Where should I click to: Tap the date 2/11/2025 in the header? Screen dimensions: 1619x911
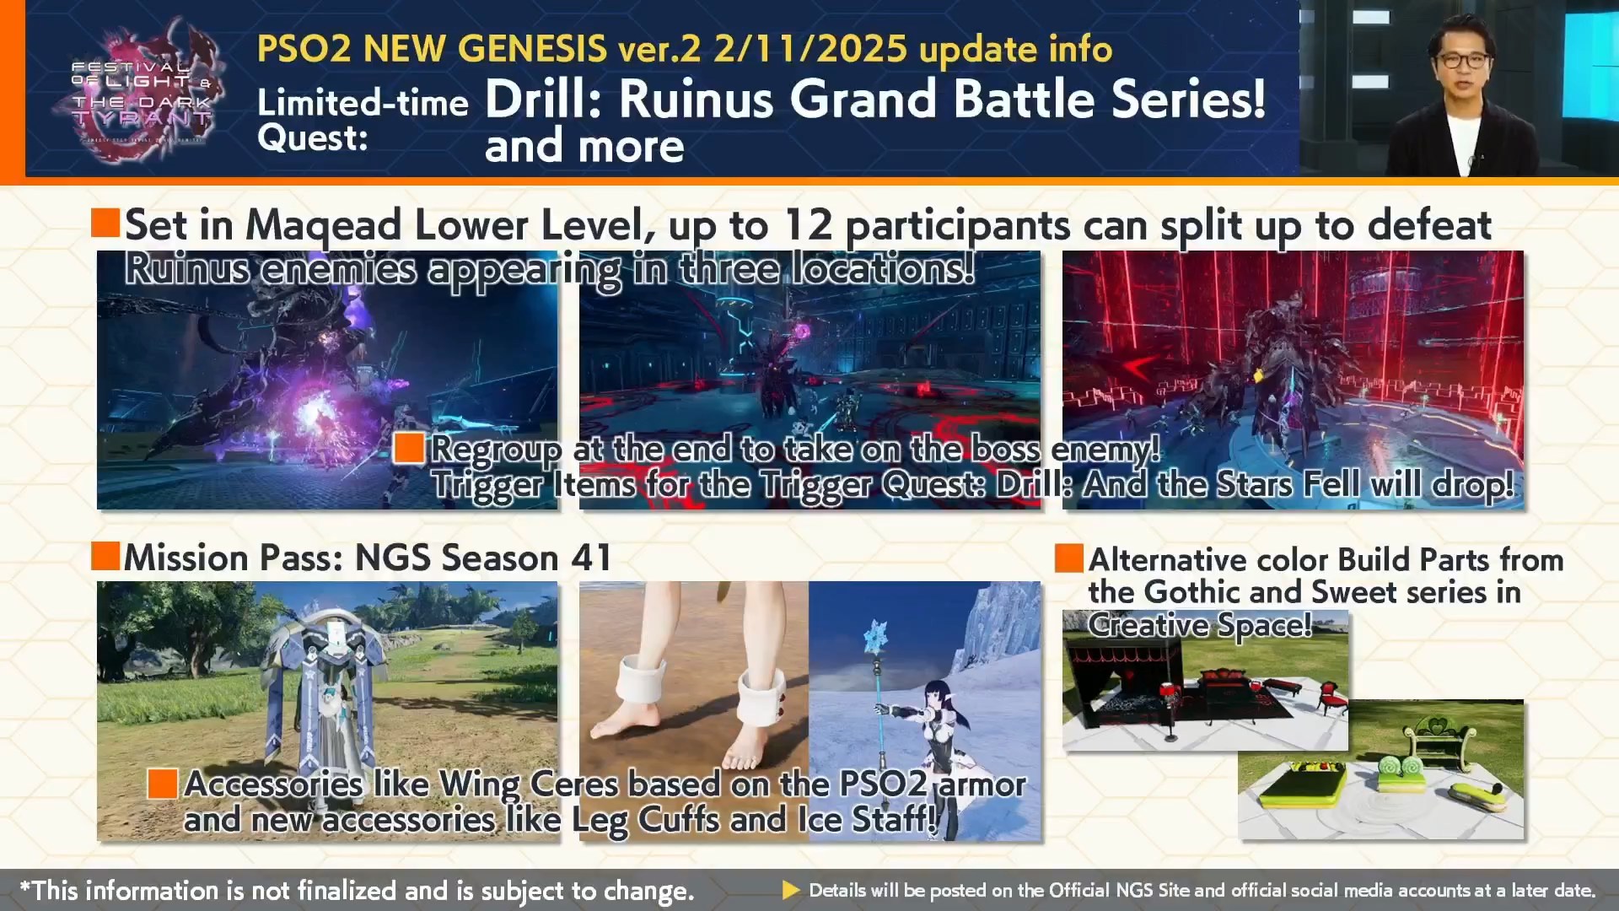click(x=810, y=49)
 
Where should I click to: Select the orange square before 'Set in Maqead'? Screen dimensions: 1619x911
click(x=105, y=223)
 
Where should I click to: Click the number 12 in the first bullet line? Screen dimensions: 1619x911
click(x=807, y=225)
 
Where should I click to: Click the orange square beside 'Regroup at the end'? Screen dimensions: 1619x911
click(x=409, y=448)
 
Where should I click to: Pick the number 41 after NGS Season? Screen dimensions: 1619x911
click(x=590, y=558)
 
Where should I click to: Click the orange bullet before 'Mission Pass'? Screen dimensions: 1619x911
click(x=105, y=556)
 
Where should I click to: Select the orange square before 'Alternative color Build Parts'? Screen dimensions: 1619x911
click(x=1069, y=558)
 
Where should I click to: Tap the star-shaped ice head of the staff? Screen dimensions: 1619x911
click(x=878, y=634)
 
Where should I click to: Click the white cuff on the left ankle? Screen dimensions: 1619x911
click(x=644, y=679)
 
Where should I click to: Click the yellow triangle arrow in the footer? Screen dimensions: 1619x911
click(x=791, y=890)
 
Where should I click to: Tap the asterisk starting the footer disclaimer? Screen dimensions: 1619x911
click(x=25, y=887)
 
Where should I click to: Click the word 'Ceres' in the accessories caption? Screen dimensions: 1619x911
click(x=574, y=784)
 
